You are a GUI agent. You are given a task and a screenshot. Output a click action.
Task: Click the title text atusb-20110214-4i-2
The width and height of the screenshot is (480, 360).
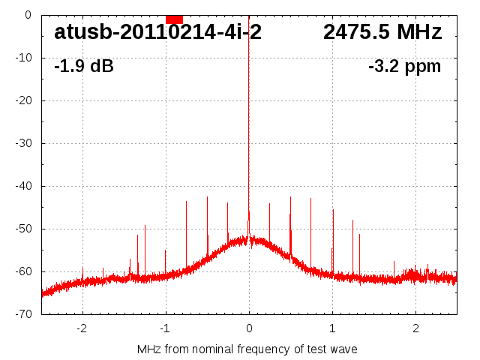(x=157, y=32)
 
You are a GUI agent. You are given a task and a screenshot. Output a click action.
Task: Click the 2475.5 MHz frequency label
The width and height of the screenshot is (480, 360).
(x=382, y=32)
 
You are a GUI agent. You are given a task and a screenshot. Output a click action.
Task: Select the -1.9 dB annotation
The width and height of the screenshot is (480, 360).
(x=84, y=67)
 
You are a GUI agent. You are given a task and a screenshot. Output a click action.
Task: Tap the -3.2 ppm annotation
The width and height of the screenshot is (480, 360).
(x=405, y=67)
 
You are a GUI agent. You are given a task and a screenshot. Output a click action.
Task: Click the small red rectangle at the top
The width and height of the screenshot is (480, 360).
(x=174, y=19)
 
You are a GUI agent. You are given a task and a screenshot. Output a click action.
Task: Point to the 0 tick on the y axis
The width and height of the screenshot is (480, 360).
(x=27, y=15)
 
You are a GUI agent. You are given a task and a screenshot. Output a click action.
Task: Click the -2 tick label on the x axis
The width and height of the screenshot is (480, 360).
(x=82, y=328)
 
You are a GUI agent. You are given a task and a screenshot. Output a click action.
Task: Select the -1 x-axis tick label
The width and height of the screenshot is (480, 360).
(x=165, y=328)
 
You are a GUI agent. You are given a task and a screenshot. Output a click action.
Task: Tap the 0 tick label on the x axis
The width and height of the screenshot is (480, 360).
(x=249, y=328)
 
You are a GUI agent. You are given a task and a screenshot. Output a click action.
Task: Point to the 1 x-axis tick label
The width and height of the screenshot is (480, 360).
(x=332, y=328)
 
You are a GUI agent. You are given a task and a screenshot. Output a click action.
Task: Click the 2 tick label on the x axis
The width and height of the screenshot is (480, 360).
(x=415, y=328)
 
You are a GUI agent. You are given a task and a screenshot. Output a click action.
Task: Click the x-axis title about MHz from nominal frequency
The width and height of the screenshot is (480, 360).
(x=247, y=349)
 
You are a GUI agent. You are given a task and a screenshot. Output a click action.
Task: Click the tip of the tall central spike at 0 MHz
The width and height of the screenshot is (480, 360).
(x=249, y=16)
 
